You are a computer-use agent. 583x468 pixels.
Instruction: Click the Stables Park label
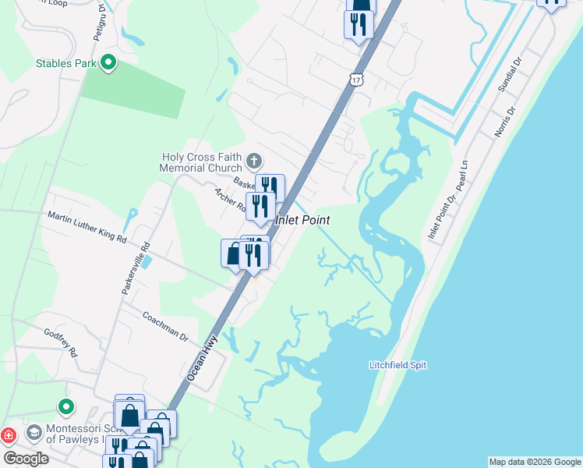[65, 62]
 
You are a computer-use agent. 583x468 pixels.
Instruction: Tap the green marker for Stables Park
[108, 62]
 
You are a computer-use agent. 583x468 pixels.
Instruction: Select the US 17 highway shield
[356, 80]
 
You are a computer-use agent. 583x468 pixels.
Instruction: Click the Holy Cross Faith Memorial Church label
[202, 162]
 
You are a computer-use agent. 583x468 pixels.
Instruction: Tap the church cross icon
[253, 161]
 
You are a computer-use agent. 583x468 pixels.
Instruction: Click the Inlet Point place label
[303, 221]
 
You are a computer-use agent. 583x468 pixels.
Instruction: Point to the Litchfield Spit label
[397, 365]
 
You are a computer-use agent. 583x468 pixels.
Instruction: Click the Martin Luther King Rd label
[87, 227]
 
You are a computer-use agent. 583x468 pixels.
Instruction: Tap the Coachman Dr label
[165, 327]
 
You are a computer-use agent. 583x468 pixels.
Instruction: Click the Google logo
[26, 459]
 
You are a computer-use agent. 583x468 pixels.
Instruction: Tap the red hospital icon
[8, 434]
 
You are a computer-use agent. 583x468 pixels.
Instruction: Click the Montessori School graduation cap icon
[34, 431]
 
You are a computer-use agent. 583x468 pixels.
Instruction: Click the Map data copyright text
[534, 462]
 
